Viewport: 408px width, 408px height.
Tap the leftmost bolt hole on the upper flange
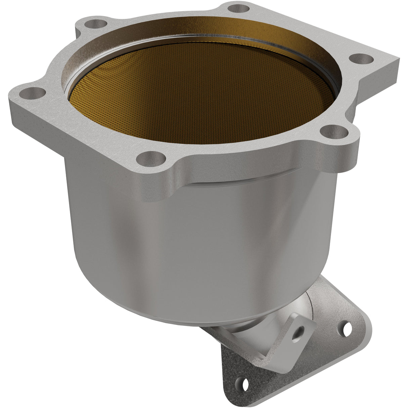35,92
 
